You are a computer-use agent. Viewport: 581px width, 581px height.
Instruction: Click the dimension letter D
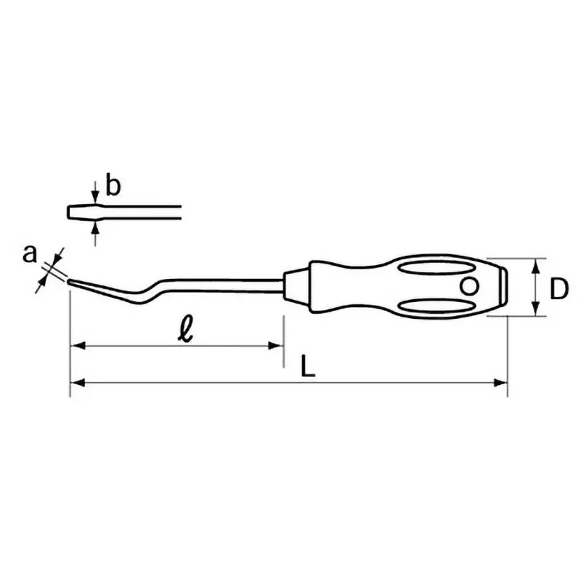pos(558,289)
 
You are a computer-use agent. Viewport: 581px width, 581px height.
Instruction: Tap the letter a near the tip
pos(30,254)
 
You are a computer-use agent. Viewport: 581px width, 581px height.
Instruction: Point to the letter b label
pos(113,186)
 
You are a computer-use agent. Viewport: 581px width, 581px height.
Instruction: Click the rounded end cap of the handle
pos(501,286)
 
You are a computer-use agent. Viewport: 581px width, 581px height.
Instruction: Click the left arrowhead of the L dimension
pos(75,381)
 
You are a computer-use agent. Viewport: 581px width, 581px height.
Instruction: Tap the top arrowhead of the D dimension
pos(536,264)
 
